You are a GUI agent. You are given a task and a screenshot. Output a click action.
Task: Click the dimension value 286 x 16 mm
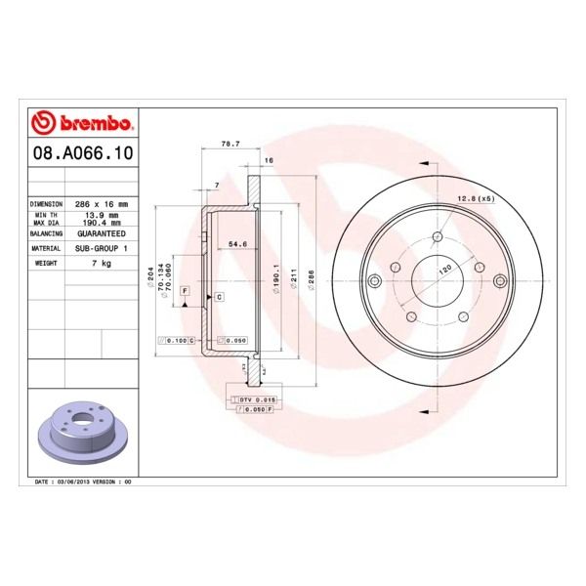click(103, 204)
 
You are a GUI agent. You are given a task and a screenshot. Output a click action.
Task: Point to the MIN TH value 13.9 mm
click(103, 214)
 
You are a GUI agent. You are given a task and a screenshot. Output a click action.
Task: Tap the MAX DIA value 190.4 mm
click(103, 223)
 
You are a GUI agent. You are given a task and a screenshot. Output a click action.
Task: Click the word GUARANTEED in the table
click(103, 235)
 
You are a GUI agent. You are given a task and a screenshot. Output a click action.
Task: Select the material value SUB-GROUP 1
click(103, 249)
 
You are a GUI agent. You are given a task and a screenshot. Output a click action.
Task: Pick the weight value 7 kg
click(103, 263)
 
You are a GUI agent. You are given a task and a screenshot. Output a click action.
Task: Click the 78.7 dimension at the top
click(230, 144)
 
